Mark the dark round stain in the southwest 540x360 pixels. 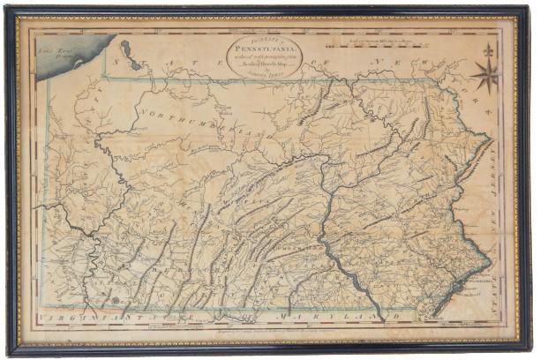click(x=113, y=300)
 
